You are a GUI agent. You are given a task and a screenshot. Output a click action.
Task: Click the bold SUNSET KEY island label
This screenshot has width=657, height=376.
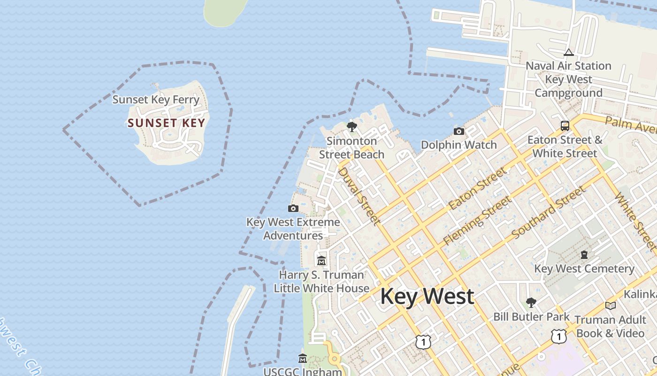click(x=166, y=123)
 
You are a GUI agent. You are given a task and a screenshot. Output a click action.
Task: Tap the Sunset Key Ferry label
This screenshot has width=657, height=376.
click(x=156, y=100)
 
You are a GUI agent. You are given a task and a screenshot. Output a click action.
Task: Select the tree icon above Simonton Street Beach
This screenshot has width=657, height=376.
click(x=351, y=127)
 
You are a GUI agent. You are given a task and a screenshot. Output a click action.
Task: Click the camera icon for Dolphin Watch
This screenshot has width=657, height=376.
click(x=459, y=131)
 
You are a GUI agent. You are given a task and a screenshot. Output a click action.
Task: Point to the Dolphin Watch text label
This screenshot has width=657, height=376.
click(x=458, y=145)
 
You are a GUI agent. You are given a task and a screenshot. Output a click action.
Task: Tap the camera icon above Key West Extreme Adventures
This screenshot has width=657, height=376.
click(x=293, y=208)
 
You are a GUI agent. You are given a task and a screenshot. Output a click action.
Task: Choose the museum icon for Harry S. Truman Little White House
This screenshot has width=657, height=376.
click(x=321, y=260)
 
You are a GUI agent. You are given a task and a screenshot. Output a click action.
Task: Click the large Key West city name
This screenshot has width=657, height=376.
click(x=427, y=297)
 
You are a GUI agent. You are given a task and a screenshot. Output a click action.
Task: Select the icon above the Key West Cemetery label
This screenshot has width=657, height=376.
click(x=584, y=255)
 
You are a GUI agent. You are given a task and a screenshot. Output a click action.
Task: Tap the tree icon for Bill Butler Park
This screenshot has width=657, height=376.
click(x=531, y=302)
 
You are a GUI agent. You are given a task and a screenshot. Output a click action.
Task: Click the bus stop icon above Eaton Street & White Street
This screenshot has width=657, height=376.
click(x=565, y=126)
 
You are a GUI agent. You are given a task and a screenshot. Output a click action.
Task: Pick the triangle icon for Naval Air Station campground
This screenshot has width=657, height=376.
click(x=569, y=52)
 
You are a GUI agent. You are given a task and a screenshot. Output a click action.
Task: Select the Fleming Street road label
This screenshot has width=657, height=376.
click(x=478, y=220)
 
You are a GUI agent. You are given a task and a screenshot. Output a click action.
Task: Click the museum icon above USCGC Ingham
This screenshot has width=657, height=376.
click(x=303, y=359)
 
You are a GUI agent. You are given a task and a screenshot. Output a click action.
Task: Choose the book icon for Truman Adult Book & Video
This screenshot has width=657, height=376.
click(x=610, y=306)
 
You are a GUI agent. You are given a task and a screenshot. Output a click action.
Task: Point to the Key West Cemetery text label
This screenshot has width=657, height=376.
click(x=584, y=269)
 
